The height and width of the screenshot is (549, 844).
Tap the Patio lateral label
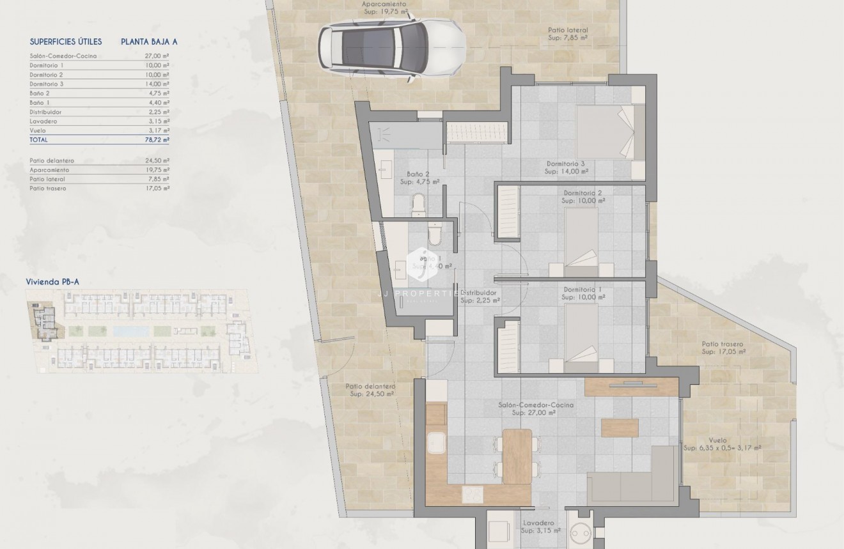point(568,34)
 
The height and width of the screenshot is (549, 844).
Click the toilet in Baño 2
point(419,205)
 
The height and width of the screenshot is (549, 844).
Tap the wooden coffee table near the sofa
point(620,427)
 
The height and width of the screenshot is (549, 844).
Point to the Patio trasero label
point(723,348)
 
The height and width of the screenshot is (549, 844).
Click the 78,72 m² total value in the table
point(157,139)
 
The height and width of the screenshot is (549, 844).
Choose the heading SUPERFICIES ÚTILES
point(66,42)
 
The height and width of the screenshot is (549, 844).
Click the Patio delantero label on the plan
point(370,390)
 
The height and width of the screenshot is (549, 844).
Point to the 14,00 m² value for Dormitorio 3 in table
point(157,84)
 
